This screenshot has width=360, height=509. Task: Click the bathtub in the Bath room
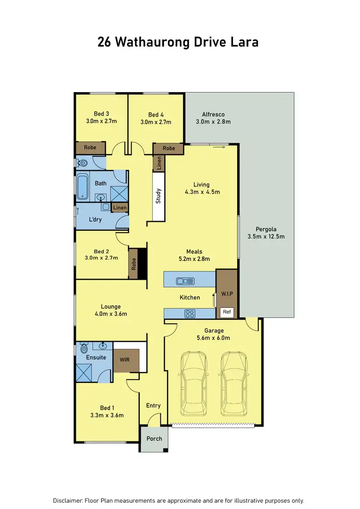tap(83, 187)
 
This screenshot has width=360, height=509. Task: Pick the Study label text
tap(158, 197)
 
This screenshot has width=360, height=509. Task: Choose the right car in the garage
tap(234, 384)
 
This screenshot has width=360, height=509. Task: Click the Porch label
tap(154, 438)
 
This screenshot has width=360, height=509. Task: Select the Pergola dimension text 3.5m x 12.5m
tap(266, 237)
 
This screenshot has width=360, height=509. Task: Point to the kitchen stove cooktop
tap(190, 314)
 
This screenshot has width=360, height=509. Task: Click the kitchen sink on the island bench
tap(184, 281)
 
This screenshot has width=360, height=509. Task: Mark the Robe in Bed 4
tap(168, 149)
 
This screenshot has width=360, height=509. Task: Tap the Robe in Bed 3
tap(90, 148)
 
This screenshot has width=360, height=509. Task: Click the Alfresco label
tap(213, 114)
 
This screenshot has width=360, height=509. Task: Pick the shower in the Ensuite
tap(84, 372)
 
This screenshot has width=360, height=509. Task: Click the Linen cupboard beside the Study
tap(159, 163)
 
